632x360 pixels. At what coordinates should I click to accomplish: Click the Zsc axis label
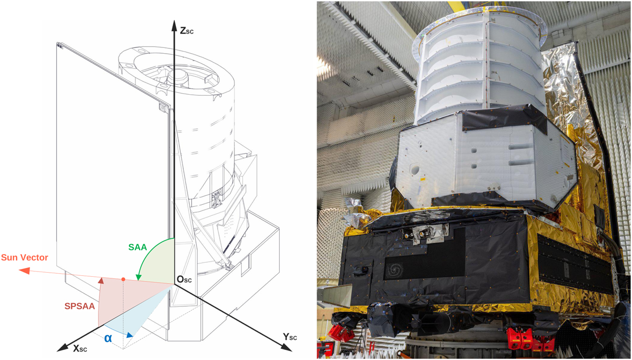point(187,30)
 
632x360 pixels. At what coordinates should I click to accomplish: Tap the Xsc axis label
point(80,349)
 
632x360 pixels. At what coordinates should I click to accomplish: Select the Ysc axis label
point(290,337)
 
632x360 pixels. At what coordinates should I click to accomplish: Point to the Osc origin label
point(184,279)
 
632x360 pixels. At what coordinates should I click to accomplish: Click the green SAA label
point(137,247)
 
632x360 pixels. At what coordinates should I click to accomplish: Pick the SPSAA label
point(80,306)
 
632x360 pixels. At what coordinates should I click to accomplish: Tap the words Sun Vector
point(25,257)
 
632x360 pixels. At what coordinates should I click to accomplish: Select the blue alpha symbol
point(108,338)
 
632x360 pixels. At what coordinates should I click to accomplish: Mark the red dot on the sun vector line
point(123,279)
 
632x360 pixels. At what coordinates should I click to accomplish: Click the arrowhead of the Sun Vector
point(24,271)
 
